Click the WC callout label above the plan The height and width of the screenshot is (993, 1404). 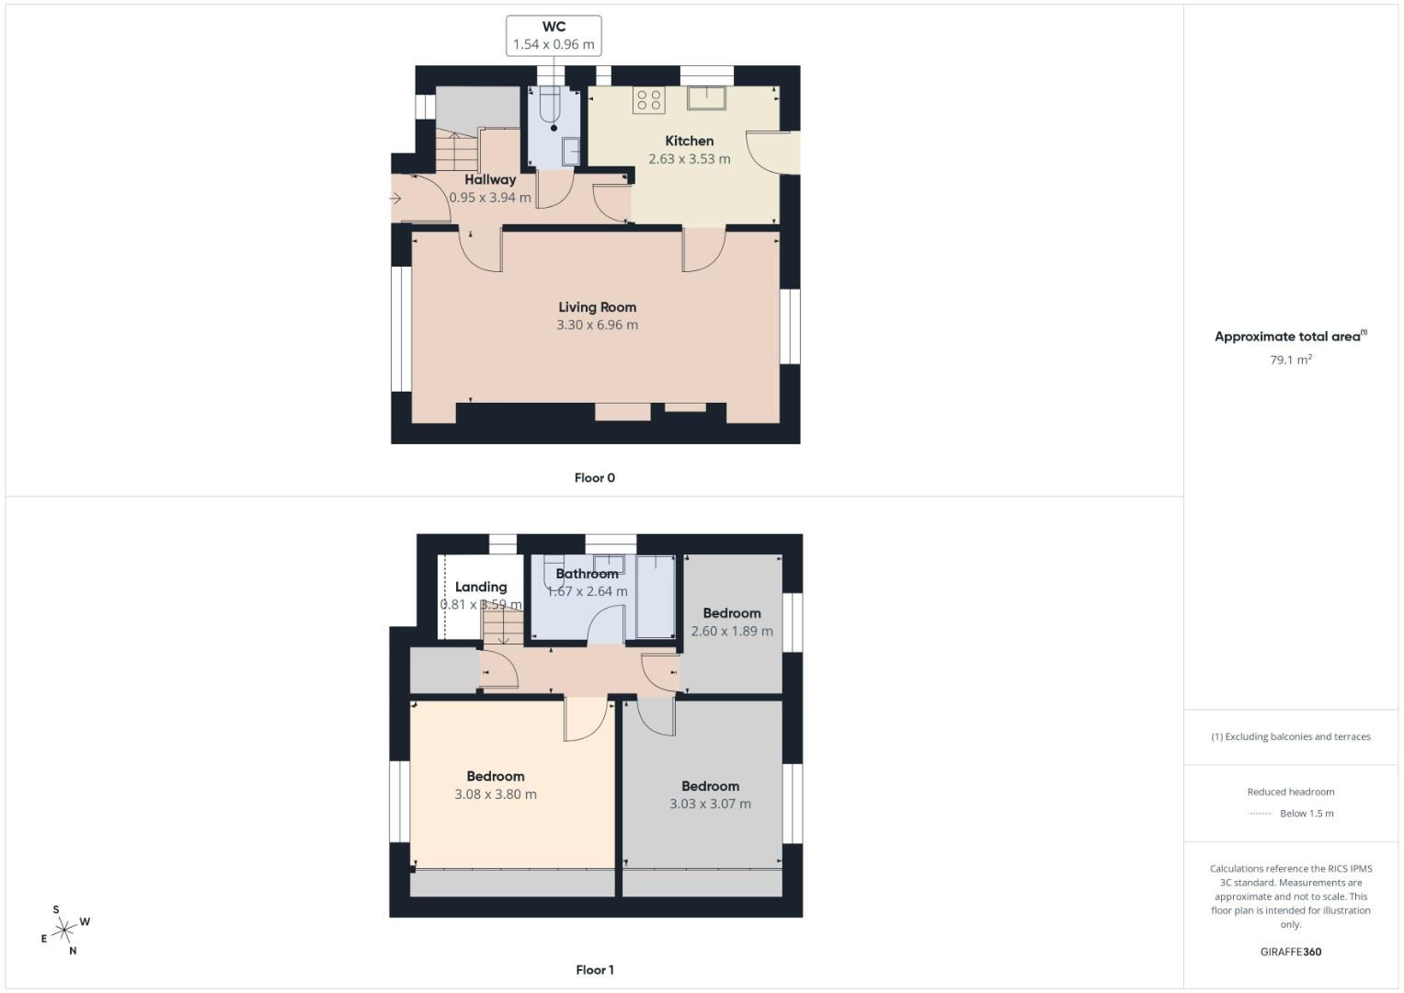[554, 36]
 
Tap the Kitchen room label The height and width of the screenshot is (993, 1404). [689, 141]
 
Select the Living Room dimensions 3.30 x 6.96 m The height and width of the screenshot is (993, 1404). [597, 325]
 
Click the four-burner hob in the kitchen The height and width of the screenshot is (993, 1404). [649, 99]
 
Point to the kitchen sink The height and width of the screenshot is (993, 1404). [706, 97]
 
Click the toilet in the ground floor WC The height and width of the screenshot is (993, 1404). [550, 110]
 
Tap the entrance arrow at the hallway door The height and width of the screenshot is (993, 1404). [396, 198]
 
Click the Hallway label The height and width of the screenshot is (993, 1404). [489, 179]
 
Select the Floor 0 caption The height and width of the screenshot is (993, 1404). [594, 477]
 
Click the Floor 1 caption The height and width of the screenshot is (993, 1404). [594, 969]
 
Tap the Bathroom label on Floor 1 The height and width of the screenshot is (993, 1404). [587, 574]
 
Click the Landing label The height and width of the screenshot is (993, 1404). [481, 587]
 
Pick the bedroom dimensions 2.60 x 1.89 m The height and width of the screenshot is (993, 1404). [732, 631]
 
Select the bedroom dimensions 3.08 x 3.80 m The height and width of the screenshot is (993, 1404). [496, 794]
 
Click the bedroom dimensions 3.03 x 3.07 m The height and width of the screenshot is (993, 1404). [710, 804]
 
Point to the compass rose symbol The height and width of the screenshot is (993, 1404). [64, 931]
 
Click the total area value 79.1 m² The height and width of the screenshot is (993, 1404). [1290, 360]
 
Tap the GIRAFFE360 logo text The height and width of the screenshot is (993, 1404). [1290, 952]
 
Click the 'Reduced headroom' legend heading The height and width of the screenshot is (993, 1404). [1290, 792]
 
